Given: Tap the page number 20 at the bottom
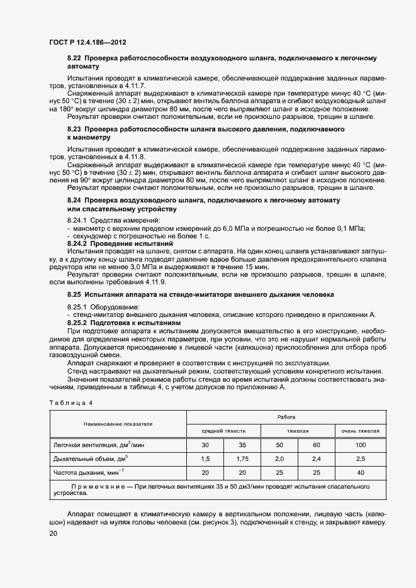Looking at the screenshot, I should [x=53, y=533].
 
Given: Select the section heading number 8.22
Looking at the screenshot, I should [x=75, y=58].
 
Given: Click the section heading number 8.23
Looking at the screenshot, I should [x=75, y=129].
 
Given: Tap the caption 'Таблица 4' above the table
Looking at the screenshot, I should [x=70, y=402].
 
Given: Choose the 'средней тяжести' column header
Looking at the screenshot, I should [x=223, y=431].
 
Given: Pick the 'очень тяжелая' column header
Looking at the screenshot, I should [x=361, y=431].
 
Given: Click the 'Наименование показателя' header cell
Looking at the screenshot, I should [x=118, y=424].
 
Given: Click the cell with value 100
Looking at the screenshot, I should [x=361, y=445].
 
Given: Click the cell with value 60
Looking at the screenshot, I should [x=317, y=445].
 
